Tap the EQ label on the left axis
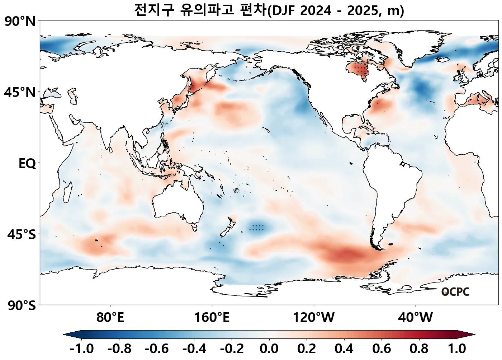pos(27,164)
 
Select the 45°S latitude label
pos(21,235)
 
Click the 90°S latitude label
pos(21,306)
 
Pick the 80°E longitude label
pos(110,317)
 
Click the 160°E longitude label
pos(212,317)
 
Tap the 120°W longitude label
pos(314,317)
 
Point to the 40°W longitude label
pos(416,317)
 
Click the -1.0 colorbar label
pos(82,349)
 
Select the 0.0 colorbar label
pos(269,349)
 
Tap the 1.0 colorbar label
pos(457,349)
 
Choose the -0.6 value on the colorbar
pos(157,349)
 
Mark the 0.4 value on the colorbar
pos(344,349)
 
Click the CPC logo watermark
pos(455,292)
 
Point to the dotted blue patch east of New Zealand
pos(257,227)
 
